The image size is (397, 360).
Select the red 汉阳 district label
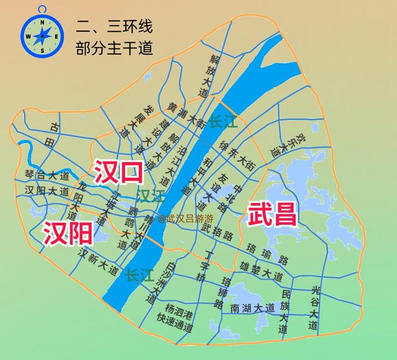pyautogui.click(x=68, y=233)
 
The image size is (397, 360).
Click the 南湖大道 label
pyautogui.click(x=252, y=308)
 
